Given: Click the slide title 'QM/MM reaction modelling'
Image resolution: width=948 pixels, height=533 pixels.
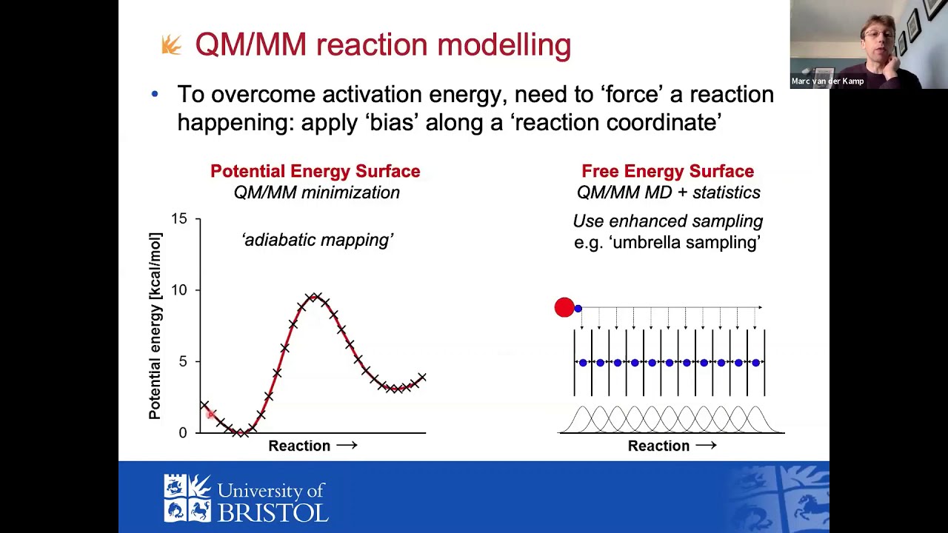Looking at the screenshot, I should (x=383, y=45).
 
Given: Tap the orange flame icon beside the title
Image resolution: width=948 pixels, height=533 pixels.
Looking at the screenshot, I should (x=171, y=46).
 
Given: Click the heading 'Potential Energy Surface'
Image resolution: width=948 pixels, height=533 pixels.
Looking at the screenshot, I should (x=315, y=171).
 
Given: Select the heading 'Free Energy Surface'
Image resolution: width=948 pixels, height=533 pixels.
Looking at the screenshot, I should (x=667, y=171).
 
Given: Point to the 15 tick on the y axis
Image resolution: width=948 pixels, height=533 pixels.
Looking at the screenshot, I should (x=179, y=219).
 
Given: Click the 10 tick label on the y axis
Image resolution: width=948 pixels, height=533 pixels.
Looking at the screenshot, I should (x=179, y=290).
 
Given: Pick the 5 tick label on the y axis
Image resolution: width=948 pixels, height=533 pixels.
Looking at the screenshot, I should (x=182, y=361).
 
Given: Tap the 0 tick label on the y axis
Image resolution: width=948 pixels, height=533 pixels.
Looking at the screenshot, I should (x=182, y=432).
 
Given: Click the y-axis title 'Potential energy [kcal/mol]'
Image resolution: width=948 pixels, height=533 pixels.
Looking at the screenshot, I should (x=155, y=326).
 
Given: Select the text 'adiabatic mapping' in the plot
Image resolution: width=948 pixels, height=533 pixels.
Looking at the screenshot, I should (x=317, y=240).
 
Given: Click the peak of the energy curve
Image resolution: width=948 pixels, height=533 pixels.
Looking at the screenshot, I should (x=314, y=298).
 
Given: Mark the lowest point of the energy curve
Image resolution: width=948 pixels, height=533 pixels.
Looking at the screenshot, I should (x=239, y=432).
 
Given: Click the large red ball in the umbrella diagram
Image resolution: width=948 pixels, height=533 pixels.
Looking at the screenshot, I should (x=564, y=307).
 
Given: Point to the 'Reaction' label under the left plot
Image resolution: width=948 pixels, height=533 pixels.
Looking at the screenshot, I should (x=299, y=446).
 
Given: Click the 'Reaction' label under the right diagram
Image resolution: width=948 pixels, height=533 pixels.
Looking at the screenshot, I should (x=658, y=446).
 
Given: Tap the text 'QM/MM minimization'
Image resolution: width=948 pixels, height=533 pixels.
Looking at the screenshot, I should (x=316, y=192).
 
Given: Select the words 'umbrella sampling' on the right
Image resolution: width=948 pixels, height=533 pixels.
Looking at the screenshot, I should (x=686, y=243).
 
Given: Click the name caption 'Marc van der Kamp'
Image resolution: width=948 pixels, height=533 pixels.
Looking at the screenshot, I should (x=827, y=81).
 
